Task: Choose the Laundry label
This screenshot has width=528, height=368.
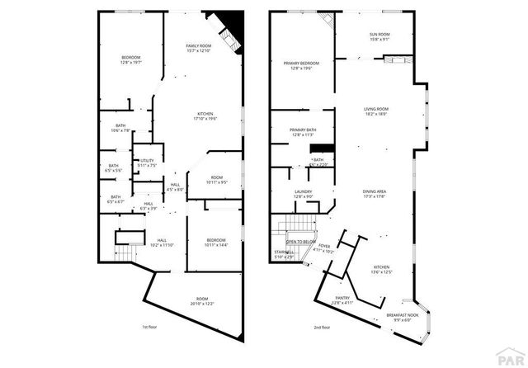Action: (x=303, y=194)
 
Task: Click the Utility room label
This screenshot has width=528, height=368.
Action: (x=147, y=163)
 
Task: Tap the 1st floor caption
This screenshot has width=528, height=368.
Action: (x=148, y=328)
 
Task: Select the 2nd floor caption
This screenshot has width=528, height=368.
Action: (x=323, y=328)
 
